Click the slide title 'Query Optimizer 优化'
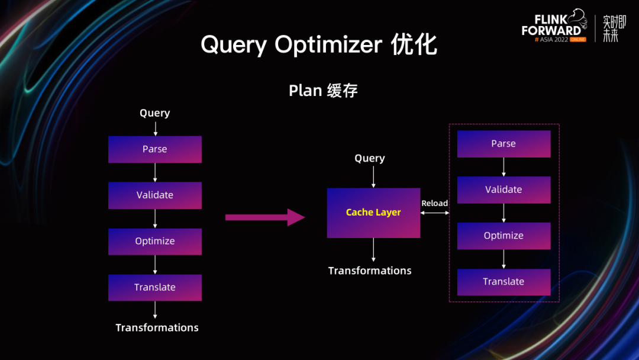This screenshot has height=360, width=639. pyautogui.click(x=319, y=45)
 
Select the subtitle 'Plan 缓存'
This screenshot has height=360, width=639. pyautogui.click(x=323, y=91)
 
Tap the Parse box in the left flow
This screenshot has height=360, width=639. pyautogui.click(x=155, y=149)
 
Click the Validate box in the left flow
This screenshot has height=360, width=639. pyautogui.click(x=155, y=195)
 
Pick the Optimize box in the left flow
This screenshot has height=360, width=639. pyautogui.click(x=155, y=242)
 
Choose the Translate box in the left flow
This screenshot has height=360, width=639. pyautogui.click(x=155, y=288)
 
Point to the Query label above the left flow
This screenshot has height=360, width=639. pyautogui.click(x=155, y=113)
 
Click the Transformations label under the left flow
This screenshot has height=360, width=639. pyautogui.click(x=157, y=327)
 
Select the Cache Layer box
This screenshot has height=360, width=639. pyautogui.click(x=373, y=213)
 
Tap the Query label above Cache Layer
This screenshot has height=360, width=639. pyautogui.click(x=370, y=158)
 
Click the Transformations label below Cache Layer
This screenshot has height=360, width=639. pyautogui.click(x=370, y=271)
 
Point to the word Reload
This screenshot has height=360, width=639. pyautogui.click(x=435, y=203)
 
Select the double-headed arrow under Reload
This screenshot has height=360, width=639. pyautogui.click(x=435, y=213)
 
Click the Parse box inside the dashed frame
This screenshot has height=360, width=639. pyautogui.click(x=504, y=144)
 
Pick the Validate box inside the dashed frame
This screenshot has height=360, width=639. pyautogui.click(x=504, y=190)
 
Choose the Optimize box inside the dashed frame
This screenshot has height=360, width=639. pyautogui.click(x=504, y=236)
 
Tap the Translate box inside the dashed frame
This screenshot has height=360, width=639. pyautogui.click(x=504, y=282)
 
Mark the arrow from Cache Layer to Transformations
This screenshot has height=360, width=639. pyautogui.click(x=373, y=249)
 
